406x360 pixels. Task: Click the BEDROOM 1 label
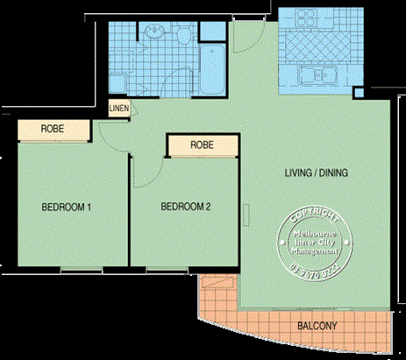(66, 208)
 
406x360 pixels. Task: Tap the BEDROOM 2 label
(185, 208)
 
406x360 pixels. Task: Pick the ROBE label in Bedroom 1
(51, 129)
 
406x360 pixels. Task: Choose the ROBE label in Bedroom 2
(202, 145)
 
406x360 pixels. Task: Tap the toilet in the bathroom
(184, 36)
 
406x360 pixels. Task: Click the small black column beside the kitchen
(358, 92)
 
